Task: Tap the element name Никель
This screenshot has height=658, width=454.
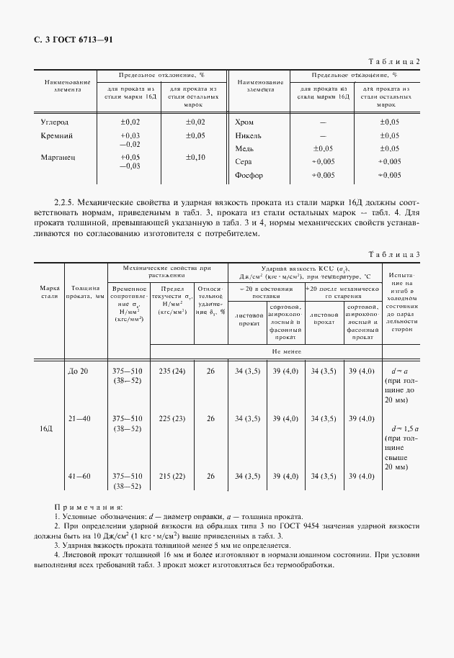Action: coord(249,135)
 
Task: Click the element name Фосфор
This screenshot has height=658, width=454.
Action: coord(249,175)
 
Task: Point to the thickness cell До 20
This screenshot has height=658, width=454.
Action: coord(77,371)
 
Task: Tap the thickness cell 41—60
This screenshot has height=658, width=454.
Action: coord(77,476)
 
